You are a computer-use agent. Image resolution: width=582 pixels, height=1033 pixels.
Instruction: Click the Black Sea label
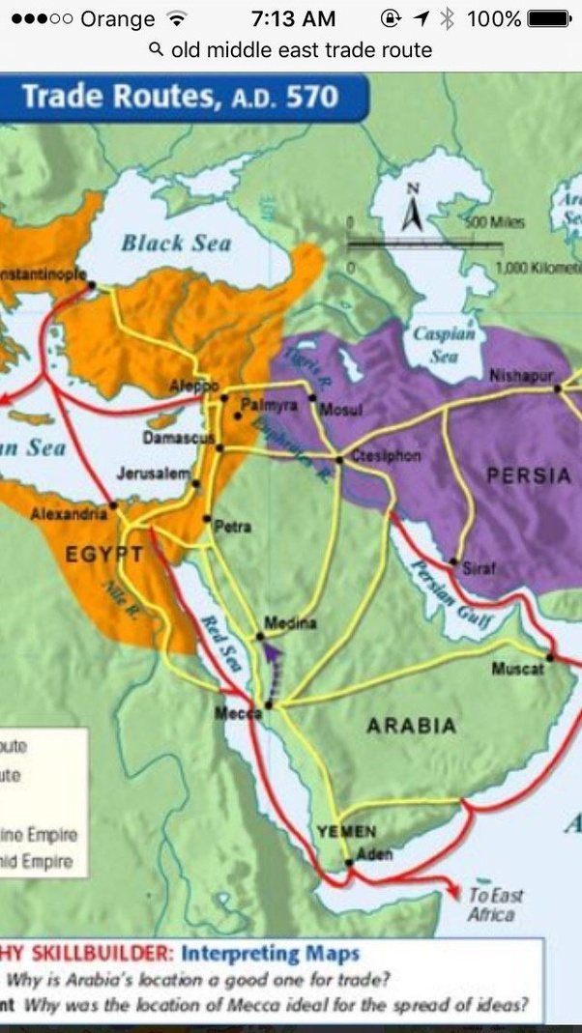pyautogui.click(x=176, y=242)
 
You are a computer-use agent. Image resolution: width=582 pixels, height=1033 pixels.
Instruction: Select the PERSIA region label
pyautogui.click(x=529, y=474)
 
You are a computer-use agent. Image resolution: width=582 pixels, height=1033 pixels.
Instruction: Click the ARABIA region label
pyautogui.click(x=411, y=726)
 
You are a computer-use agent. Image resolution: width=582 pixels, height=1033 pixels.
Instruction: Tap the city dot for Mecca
pyautogui.click(x=268, y=705)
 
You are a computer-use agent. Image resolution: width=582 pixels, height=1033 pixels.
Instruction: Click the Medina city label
pyautogui.click(x=290, y=624)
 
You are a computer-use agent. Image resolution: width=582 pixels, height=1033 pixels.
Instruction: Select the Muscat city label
pyautogui.click(x=517, y=669)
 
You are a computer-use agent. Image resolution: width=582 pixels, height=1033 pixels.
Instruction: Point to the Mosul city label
pyautogui.click(x=340, y=410)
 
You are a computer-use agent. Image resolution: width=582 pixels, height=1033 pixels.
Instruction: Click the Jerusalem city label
pyautogui.click(x=153, y=473)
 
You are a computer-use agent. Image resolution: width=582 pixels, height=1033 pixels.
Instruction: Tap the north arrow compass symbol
pyautogui.click(x=413, y=208)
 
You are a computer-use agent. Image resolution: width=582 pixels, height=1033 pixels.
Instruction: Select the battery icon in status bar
pyautogui.click(x=550, y=19)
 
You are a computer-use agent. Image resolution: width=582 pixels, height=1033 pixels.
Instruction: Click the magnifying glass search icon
pyautogui.click(x=157, y=49)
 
